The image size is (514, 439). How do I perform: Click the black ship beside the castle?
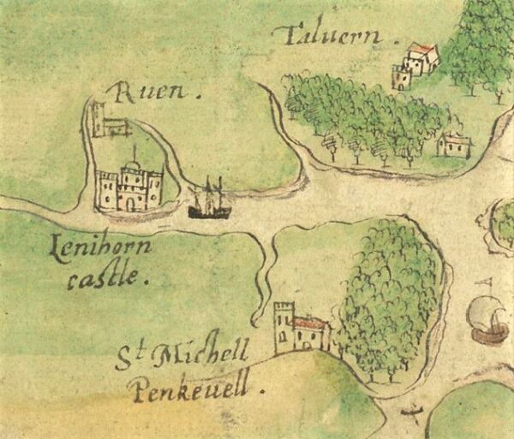(209, 204)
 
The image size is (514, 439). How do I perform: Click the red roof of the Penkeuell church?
(310, 323)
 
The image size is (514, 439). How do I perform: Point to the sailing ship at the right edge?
(488, 318)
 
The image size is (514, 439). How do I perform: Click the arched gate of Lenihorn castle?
(128, 202)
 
